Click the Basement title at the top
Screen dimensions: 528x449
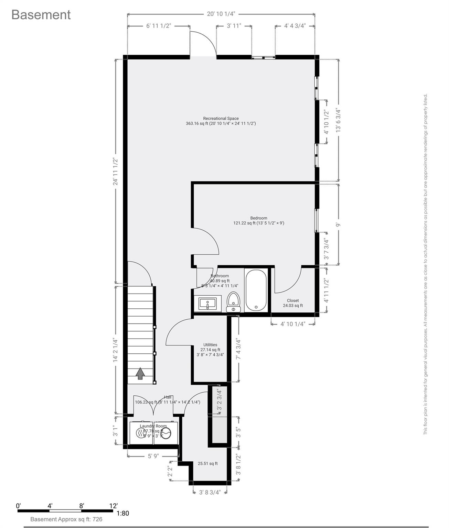pos(41,15)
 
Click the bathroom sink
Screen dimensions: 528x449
pos(207,304)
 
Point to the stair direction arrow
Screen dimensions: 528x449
pos(140,373)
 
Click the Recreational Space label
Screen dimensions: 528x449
pos(221,119)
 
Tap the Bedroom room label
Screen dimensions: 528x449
pos(259,218)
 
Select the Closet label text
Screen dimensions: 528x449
pos(293,300)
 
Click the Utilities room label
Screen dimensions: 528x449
pos(210,345)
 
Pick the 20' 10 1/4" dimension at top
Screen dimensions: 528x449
pos(221,14)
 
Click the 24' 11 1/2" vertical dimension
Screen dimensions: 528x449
pos(116,171)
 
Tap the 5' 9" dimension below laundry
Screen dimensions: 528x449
pos(153,456)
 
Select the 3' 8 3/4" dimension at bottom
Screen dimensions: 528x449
pos(210,492)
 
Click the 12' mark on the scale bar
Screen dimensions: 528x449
pos(114,506)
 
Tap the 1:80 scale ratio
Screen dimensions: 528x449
pos(123,514)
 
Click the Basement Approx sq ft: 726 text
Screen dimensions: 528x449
pos(66,519)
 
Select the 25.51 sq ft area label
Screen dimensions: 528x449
pos(207,463)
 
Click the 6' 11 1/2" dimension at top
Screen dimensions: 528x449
pos(159,26)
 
